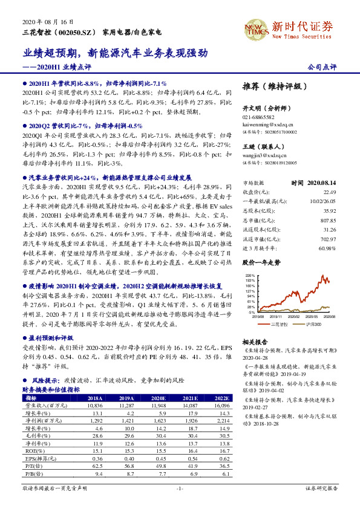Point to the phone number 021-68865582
click(258, 117)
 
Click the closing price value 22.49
click(329, 191)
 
